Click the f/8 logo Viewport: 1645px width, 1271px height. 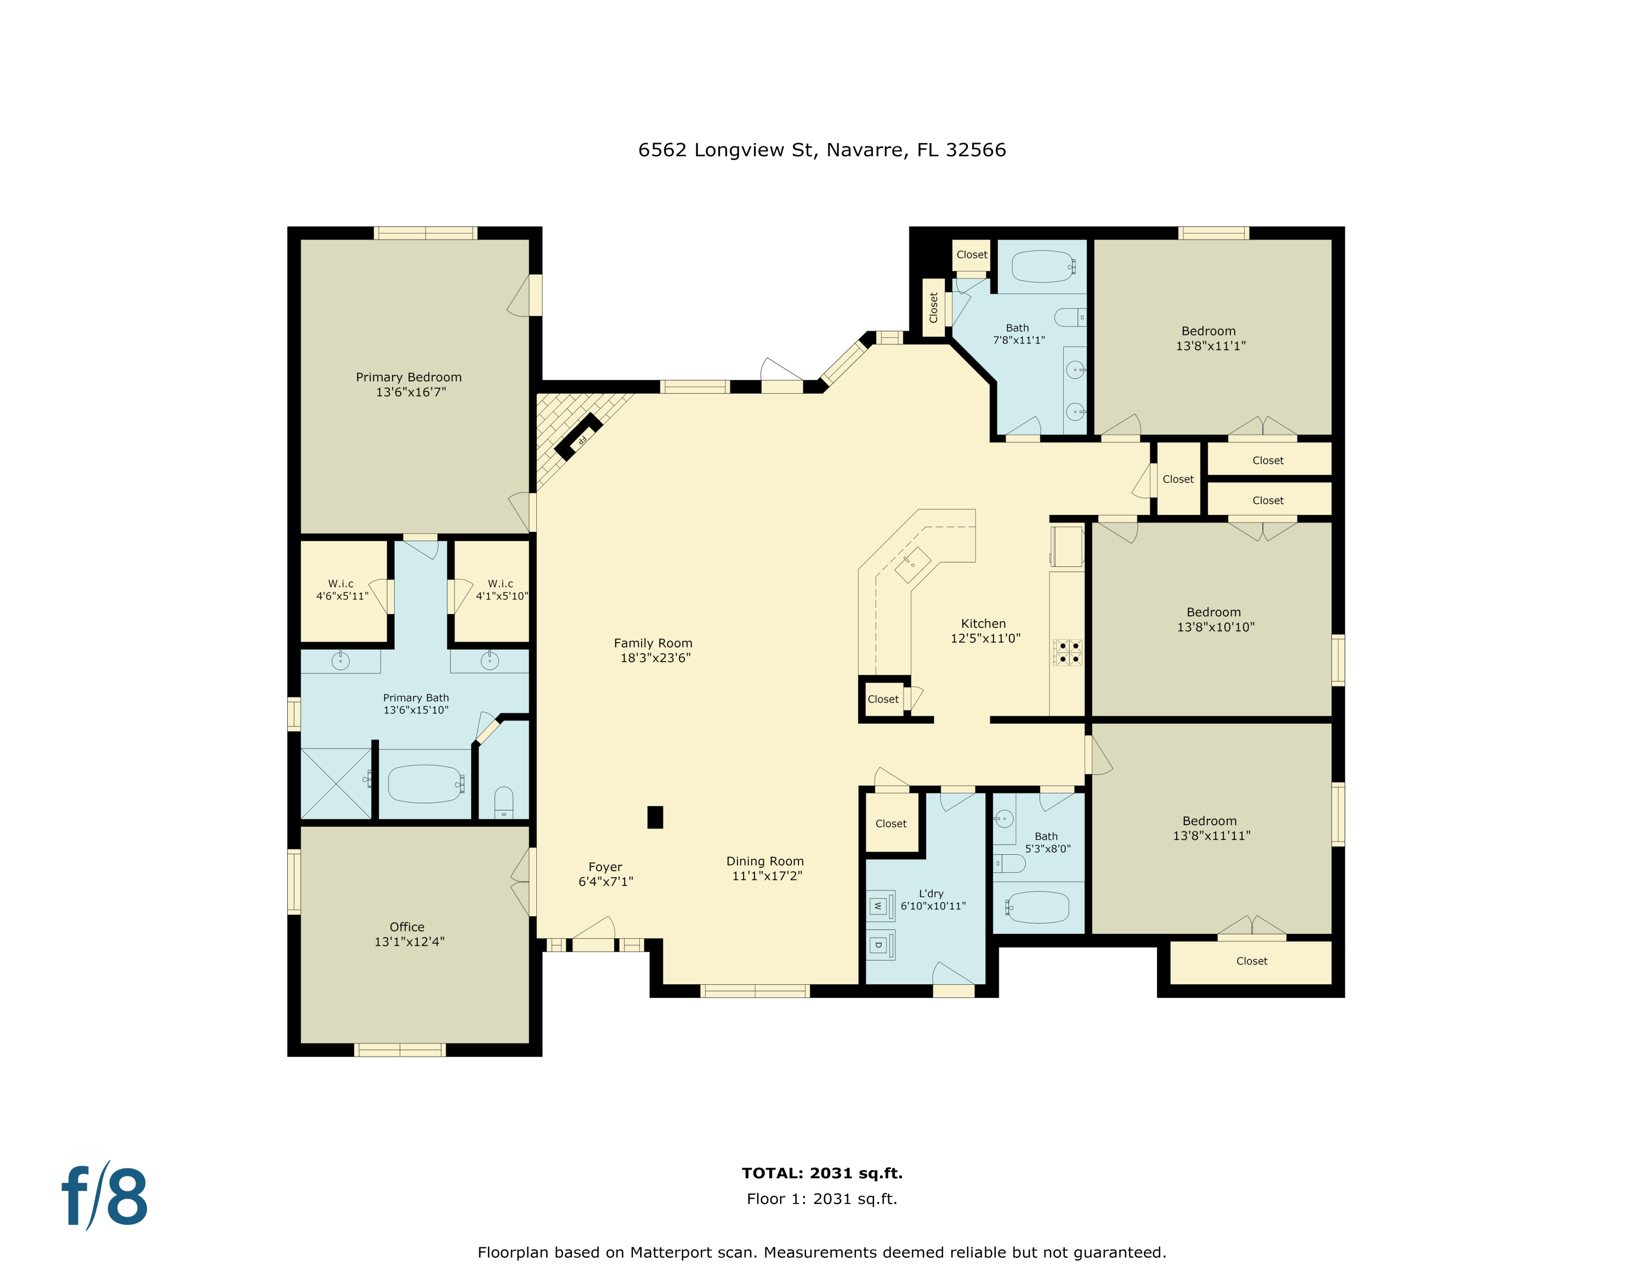coord(104,1196)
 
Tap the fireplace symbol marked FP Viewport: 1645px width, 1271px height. coord(578,436)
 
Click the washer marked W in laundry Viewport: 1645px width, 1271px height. coord(878,906)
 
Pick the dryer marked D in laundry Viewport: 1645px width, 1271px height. coord(878,945)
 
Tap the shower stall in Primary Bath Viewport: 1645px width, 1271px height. coord(336,783)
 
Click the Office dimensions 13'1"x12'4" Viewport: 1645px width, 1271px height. coord(410,941)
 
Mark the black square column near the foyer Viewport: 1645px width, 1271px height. coord(655,817)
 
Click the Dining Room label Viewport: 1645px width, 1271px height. coord(765,861)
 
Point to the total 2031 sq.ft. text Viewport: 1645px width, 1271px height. coord(822,1173)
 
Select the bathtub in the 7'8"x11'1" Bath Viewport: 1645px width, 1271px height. coord(1043,266)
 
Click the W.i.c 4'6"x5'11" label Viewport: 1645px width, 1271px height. coord(342,589)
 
